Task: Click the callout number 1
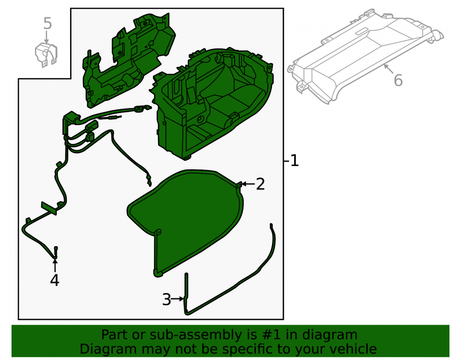click(x=294, y=161)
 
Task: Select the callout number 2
click(x=260, y=184)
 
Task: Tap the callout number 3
click(x=166, y=300)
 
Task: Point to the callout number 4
click(x=54, y=280)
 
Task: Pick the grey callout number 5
click(x=47, y=24)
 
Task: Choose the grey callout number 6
click(x=398, y=80)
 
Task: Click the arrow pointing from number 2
click(x=248, y=184)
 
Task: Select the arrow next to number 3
click(x=177, y=299)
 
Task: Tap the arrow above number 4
click(x=55, y=265)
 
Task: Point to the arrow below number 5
click(x=46, y=37)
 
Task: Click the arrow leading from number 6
click(x=389, y=69)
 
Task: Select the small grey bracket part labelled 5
click(x=46, y=55)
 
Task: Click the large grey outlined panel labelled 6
click(x=365, y=56)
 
